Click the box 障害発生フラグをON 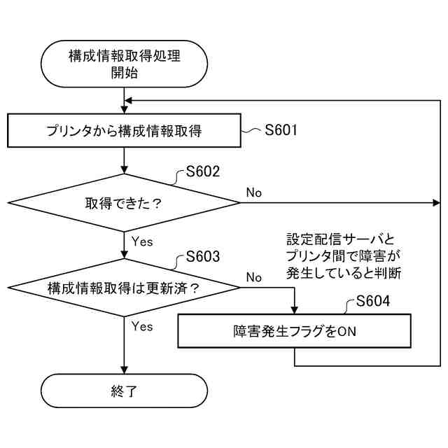click(295, 331)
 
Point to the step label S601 click(281, 129)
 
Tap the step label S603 click(203, 256)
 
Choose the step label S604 click(372, 302)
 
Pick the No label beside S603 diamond click(253, 277)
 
